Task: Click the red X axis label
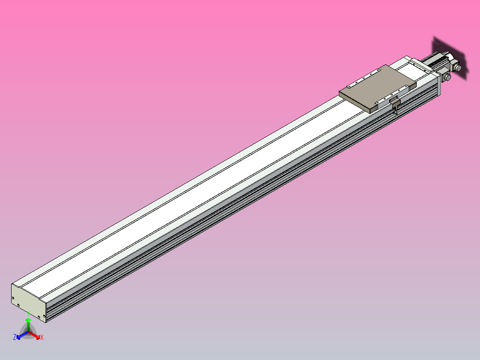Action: tap(42, 338)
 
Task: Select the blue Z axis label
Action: tap(15, 337)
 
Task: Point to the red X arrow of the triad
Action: tap(36, 335)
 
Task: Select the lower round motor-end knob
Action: tap(447, 78)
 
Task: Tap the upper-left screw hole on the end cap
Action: tap(14, 298)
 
